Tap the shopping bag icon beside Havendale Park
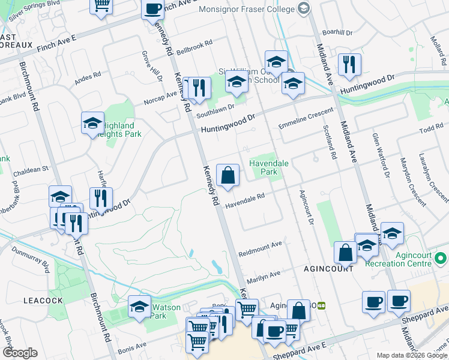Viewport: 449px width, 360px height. click(x=228, y=176)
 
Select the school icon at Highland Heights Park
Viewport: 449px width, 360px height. click(x=93, y=123)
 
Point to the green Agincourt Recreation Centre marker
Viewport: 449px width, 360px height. click(x=441, y=259)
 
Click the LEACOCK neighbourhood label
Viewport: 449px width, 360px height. click(x=22, y=300)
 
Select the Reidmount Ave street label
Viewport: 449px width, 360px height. click(x=259, y=245)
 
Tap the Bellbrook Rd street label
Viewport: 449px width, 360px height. click(x=194, y=46)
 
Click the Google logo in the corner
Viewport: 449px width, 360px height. click(x=20, y=353)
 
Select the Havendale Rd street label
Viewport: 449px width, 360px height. click(x=245, y=201)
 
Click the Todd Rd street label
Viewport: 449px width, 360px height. click(x=430, y=130)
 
